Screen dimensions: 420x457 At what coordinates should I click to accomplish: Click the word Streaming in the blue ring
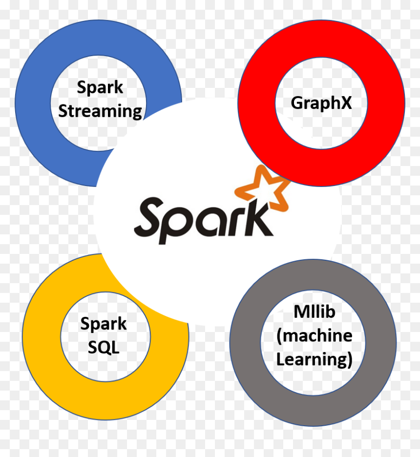point(100,111)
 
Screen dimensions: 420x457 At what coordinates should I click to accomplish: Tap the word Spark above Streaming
point(100,88)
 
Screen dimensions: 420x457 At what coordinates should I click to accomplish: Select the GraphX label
point(321,103)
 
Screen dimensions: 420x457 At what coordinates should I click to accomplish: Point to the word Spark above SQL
point(104,324)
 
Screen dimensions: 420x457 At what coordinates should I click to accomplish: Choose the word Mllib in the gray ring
point(315,312)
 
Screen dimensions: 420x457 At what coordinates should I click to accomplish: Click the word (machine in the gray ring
point(315,335)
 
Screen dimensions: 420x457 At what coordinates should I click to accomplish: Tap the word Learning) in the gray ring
point(315,359)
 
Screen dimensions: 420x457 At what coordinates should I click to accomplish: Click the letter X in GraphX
point(346,103)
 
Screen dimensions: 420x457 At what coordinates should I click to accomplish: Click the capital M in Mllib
point(300,312)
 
